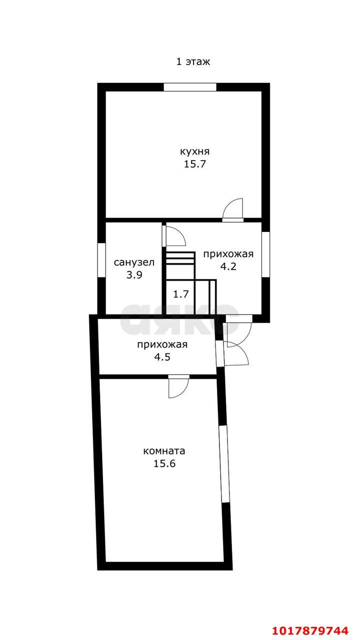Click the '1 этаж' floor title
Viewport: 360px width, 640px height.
pyautogui.click(x=193, y=61)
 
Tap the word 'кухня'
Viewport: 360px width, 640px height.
pyautogui.click(x=194, y=151)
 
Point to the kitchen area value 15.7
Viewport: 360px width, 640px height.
pyautogui.click(x=195, y=164)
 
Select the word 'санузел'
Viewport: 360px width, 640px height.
pyautogui.click(x=134, y=262)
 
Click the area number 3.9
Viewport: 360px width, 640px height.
pyautogui.click(x=134, y=275)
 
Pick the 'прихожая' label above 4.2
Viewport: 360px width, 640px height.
pyautogui.click(x=228, y=254)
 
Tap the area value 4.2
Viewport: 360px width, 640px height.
pyautogui.click(x=228, y=266)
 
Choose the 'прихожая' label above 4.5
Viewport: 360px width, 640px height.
pyautogui.click(x=162, y=344)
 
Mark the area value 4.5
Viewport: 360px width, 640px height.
pyautogui.click(x=162, y=357)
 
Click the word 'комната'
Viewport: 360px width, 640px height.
pyautogui.click(x=164, y=451)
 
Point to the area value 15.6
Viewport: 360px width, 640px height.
pyautogui.click(x=164, y=463)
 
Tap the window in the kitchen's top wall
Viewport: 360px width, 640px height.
pyautogui.click(x=190, y=87)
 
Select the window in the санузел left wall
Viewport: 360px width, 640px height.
pyautogui.click(x=101, y=260)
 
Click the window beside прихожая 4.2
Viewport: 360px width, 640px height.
pyautogui.click(x=265, y=254)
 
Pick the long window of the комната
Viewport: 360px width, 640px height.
pyautogui.click(x=224, y=464)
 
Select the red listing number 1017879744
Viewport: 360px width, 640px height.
pyautogui.click(x=310, y=630)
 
